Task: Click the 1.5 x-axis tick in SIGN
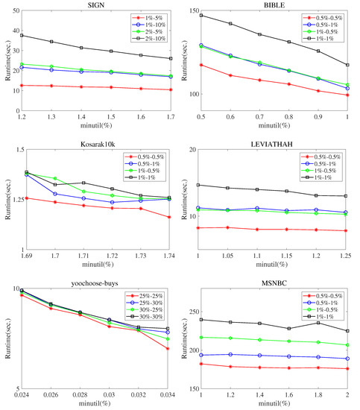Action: coord(110,118)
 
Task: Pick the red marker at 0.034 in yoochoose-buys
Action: coord(168,348)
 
